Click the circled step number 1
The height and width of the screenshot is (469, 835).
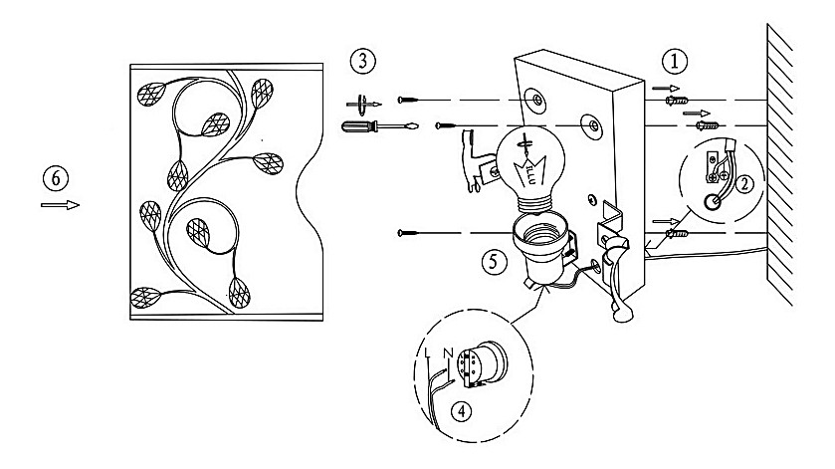(x=677, y=61)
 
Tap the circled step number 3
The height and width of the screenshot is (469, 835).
(x=363, y=61)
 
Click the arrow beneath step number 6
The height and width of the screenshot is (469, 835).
(x=59, y=205)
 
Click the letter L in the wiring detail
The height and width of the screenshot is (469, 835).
(x=427, y=352)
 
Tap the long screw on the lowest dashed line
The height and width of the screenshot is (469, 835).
(x=412, y=232)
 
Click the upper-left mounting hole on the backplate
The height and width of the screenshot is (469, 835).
(x=537, y=100)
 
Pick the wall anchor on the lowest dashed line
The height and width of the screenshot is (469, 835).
(x=678, y=232)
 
